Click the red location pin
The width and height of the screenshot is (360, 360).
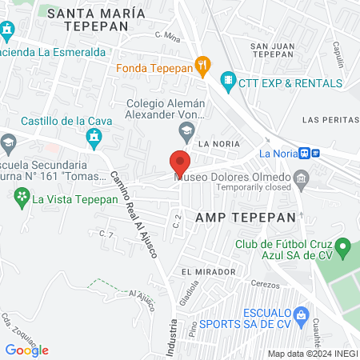(180, 162)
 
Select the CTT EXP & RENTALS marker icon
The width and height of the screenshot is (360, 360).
(229, 81)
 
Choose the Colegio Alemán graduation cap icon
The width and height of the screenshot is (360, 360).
(186, 130)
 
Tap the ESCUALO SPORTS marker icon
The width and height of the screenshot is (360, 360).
(301, 314)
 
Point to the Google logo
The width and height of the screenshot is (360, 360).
(26, 350)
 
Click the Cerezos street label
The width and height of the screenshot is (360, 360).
(264, 285)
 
